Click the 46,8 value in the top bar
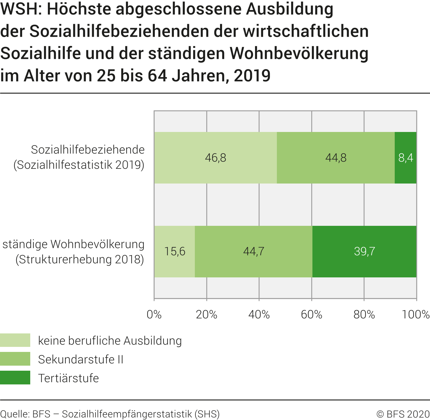pyautogui.click(x=215, y=158)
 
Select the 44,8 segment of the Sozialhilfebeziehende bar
pyautogui.click(x=336, y=158)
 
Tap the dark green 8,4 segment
pyautogui.click(x=406, y=158)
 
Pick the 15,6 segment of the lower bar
pyautogui.click(x=175, y=251)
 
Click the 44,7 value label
pyautogui.click(x=254, y=251)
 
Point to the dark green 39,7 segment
pyautogui.click(x=364, y=251)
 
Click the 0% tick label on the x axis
pyautogui.click(x=154, y=315)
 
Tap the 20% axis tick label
pyautogui.click(x=207, y=315)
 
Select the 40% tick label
pyautogui.click(x=259, y=315)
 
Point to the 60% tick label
pyautogui.click(x=312, y=315)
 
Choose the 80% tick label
pyautogui.click(x=364, y=315)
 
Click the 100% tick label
pyautogui.click(x=415, y=315)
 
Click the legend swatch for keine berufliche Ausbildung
pyautogui.click(x=15, y=340)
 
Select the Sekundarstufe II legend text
pyautogui.click(x=81, y=359)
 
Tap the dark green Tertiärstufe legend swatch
pyautogui.click(x=15, y=377)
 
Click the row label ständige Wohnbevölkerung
pyautogui.click(x=73, y=244)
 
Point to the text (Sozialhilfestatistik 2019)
pyautogui.click(x=79, y=165)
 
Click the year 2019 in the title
pyautogui.click(x=252, y=76)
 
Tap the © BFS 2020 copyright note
pyautogui.click(x=403, y=414)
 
